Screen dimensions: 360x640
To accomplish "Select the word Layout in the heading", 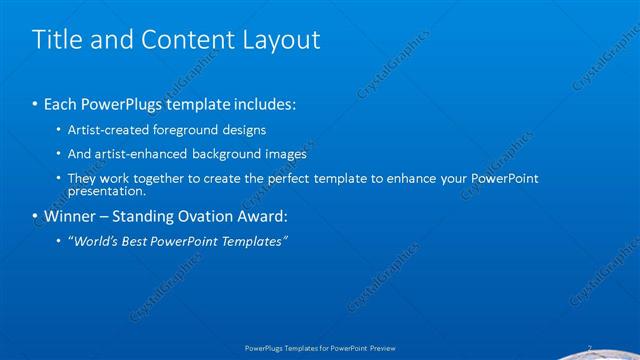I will pyautogui.click(x=283, y=40).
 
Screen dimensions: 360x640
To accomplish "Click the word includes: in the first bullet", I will pyautogui.click(x=263, y=104).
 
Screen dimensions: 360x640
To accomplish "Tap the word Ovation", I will pyautogui.click(x=195, y=215).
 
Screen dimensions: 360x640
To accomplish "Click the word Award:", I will pyautogui.click(x=259, y=215).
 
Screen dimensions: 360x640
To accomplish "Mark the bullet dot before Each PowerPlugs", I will pyautogui.click(x=35, y=104).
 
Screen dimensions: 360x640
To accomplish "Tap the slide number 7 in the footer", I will pyautogui.click(x=589, y=348).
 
